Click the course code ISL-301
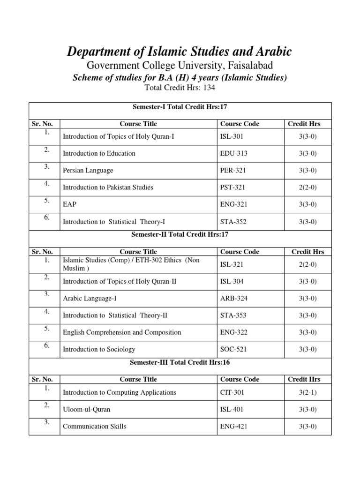click(232, 136)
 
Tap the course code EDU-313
click(232, 153)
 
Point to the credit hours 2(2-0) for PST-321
click(308, 187)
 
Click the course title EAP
click(69, 204)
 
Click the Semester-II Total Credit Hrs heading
click(180, 234)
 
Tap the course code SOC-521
click(233, 349)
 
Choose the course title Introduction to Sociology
click(99, 349)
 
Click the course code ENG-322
click(233, 332)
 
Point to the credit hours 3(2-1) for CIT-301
click(308, 392)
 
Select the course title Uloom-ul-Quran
click(86, 409)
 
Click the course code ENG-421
click(233, 427)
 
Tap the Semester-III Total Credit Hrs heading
click(180, 362)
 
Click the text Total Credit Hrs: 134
click(180, 88)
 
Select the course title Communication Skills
click(94, 427)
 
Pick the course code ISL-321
click(232, 264)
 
